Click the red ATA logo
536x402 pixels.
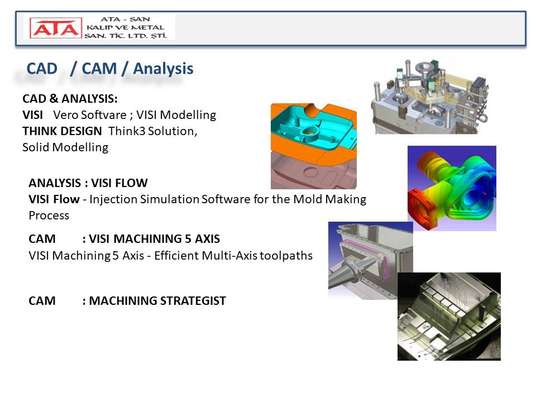(x=56, y=28)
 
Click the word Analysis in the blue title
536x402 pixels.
(x=163, y=69)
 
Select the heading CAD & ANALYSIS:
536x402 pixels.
(x=70, y=99)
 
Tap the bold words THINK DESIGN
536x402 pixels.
(x=62, y=131)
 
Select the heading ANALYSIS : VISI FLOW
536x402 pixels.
(x=88, y=183)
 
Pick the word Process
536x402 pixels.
(x=49, y=216)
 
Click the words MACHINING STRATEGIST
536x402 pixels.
(x=157, y=301)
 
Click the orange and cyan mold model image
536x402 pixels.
(x=313, y=146)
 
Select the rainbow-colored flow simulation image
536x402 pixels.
(x=452, y=188)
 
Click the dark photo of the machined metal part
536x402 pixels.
(x=449, y=316)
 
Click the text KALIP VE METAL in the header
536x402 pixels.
(x=126, y=27)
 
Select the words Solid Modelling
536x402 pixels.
(x=65, y=147)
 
